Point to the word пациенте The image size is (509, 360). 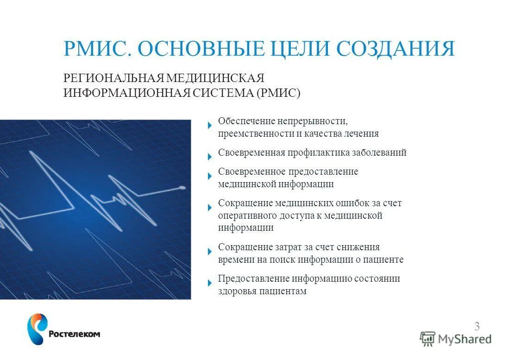click(x=383, y=259)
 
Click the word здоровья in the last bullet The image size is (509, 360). click(x=236, y=291)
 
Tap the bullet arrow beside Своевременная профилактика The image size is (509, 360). click(x=210, y=156)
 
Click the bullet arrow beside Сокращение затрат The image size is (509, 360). click(x=210, y=251)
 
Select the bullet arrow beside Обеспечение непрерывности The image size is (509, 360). click(x=210, y=125)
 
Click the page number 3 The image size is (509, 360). click(x=477, y=326)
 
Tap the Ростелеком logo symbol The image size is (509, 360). click(x=37, y=328)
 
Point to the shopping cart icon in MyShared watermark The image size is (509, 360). click(x=427, y=339)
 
